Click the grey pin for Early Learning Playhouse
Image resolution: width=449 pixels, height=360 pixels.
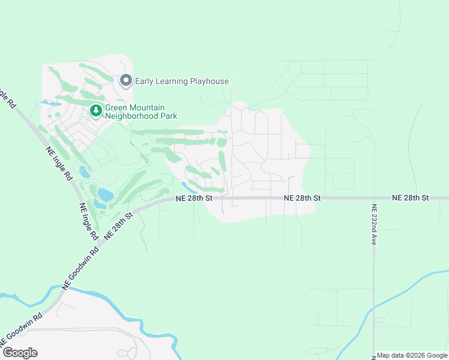click(125, 80)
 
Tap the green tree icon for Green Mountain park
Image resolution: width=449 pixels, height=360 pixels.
click(95, 110)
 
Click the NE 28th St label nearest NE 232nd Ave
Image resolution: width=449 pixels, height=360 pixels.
click(411, 197)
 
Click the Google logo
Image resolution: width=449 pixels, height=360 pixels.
click(20, 353)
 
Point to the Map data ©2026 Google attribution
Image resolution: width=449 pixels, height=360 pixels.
click(412, 355)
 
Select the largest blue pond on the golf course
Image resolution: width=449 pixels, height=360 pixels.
click(105, 195)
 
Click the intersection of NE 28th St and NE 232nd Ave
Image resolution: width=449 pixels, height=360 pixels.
click(373, 197)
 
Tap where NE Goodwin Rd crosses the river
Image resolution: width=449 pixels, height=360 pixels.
click(62, 291)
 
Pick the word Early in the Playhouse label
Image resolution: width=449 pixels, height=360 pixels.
click(145, 81)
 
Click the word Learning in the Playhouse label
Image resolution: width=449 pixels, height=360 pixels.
click(172, 81)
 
